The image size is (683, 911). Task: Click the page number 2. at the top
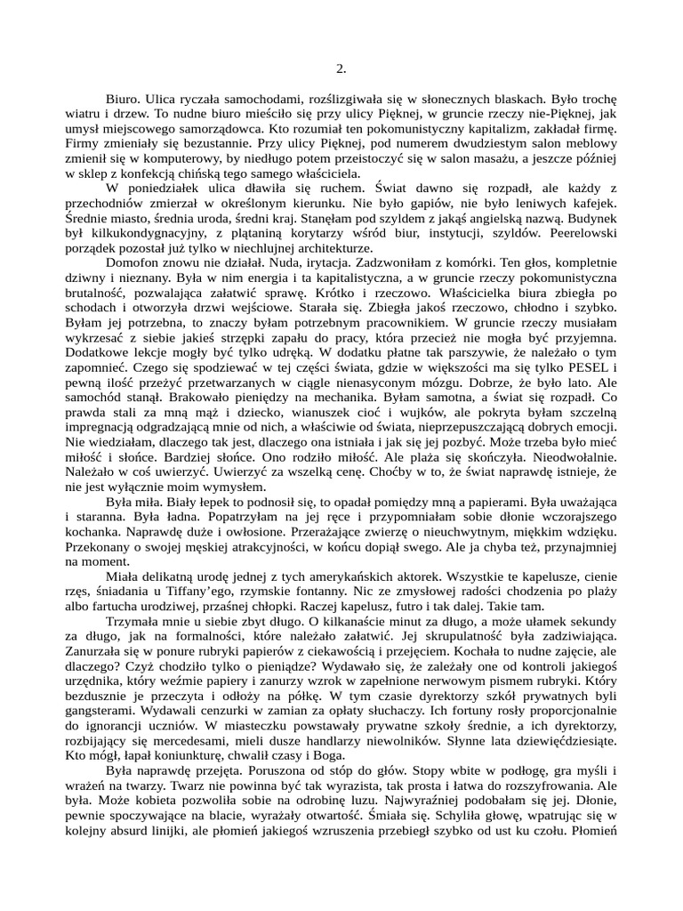[341, 69]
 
